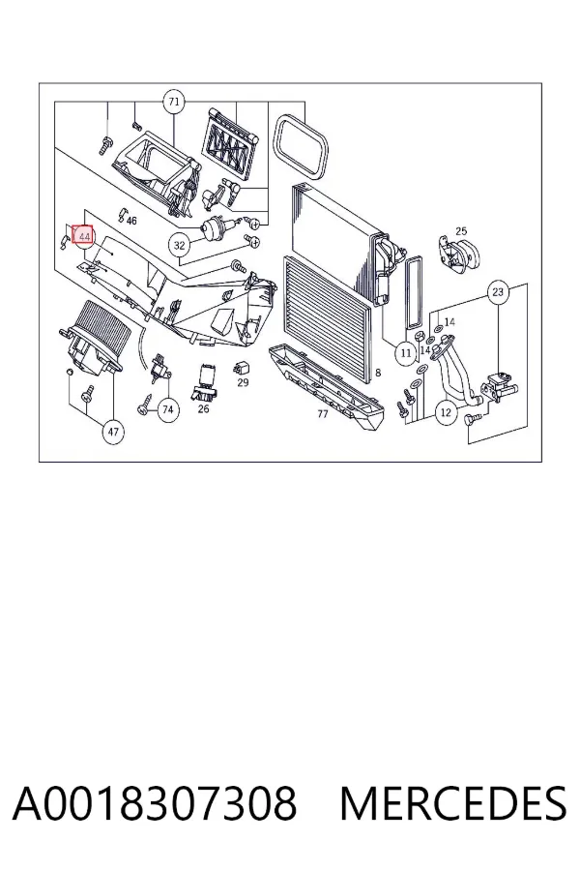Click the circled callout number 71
click(x=174, y=102)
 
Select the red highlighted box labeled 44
click(x=84, y=237)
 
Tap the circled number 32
click(x=179, y=245)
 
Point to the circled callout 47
click(x=113, y=432)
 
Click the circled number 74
click(x=167, y=409)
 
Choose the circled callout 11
click(x=406, y=352)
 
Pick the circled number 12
click(x=447, y=412)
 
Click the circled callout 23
click(x=498, y=291)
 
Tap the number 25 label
click(x=461, y=231)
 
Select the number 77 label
click(x=323, y=414)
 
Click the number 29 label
click(x=243, y=382)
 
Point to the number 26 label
click(x=203, y=408)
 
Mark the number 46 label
click(x=131, y=221)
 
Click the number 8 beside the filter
click(x=378, y=373)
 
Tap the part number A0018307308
click(x=155, y=802)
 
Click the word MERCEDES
click(x=453, y=802)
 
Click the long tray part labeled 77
click(x=325, y=385)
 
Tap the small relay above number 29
click(x=243, y=367)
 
